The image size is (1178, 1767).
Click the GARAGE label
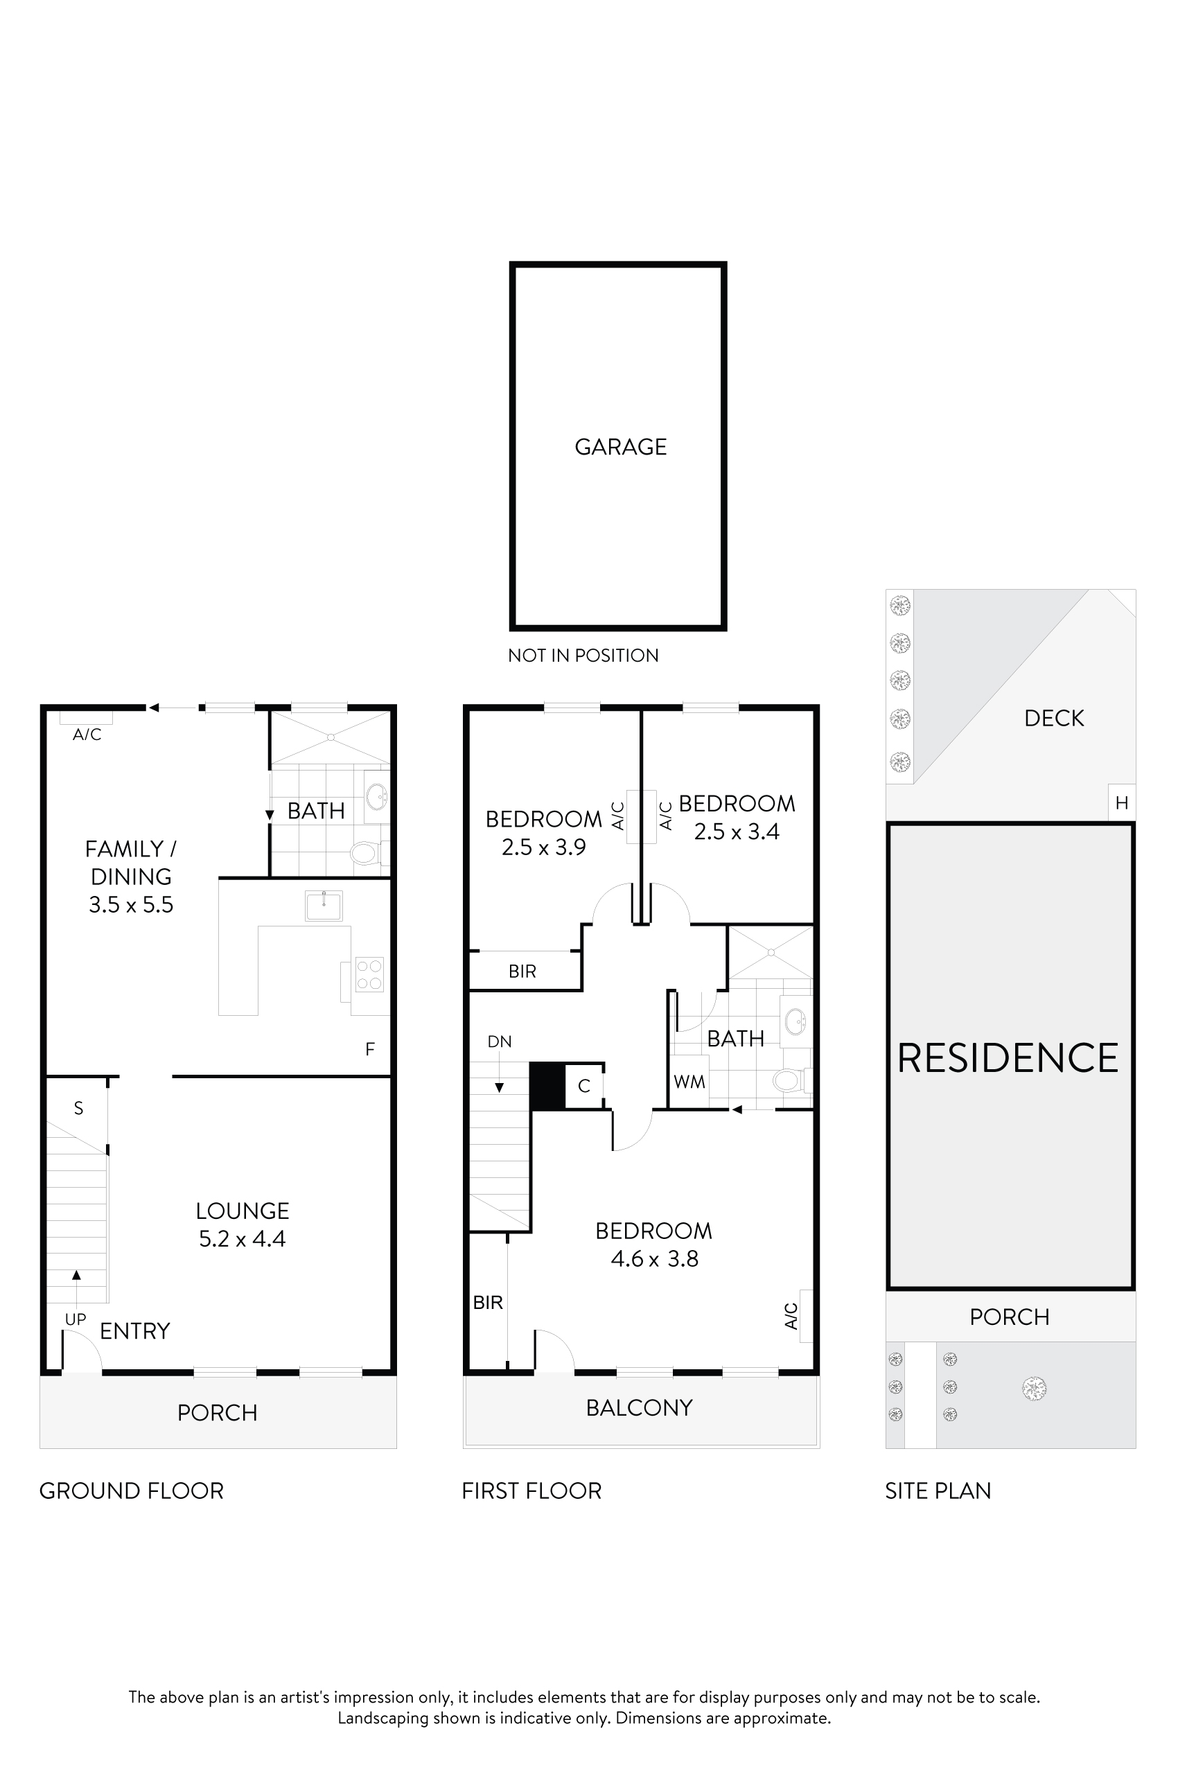[621, 447]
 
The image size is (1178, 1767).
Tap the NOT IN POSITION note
[583, 655]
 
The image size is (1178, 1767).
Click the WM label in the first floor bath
[689, 1082]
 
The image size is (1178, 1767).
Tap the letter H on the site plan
[1122, 803]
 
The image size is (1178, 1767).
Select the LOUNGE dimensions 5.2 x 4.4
[242, 1239]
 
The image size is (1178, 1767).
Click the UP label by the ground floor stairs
[75, 1319]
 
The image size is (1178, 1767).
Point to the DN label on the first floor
[500, 1041]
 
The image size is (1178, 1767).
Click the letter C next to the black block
[583, 1086]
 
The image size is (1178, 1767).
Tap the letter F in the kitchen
[369, 1049]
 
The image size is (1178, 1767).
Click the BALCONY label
[640, 1407]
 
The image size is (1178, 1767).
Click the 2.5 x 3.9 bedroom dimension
[543, 847]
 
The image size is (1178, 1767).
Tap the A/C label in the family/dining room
[87, 735]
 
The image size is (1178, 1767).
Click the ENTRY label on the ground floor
[135, 1331]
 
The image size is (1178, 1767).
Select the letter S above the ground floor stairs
[78, 1108]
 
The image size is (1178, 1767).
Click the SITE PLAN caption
[938, 1491]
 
